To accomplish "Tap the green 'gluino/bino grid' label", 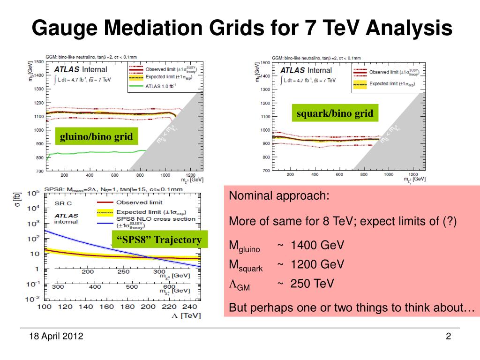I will tap(96, 137).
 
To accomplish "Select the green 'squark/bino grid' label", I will tap(335, 113).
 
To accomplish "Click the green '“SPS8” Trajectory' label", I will tap(159, 240).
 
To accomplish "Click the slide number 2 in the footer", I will tap(448, 336).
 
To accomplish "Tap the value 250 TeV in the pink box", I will tap(312, 284).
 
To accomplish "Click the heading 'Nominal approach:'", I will tap(279, 196).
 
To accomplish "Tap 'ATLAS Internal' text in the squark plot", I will tap(306, 70).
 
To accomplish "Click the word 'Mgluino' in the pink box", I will tap(244, 247).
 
